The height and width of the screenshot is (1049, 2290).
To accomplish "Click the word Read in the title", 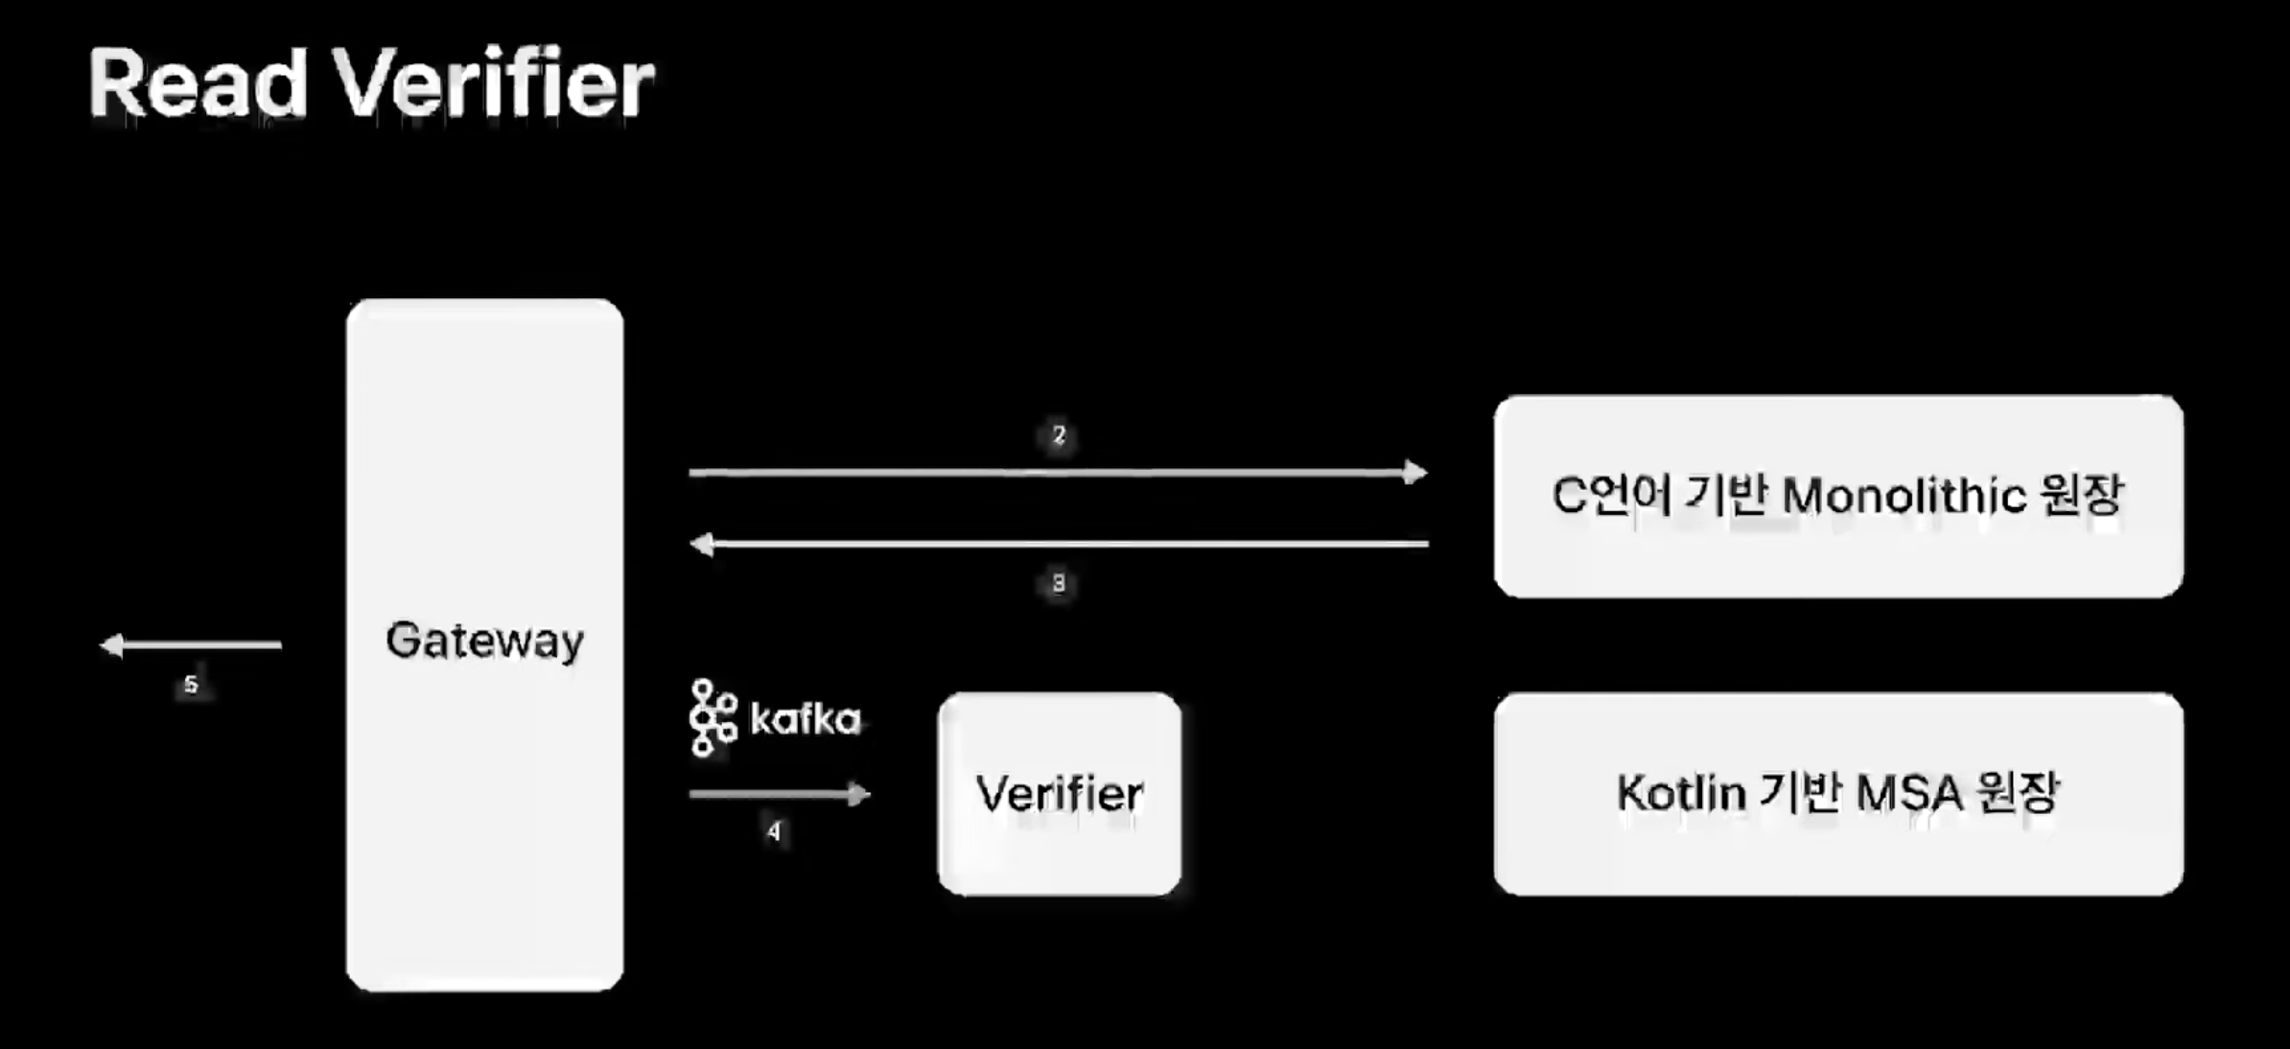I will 198,84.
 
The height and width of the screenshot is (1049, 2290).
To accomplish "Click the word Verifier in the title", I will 493,84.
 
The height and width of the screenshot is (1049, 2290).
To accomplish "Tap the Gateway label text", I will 484,641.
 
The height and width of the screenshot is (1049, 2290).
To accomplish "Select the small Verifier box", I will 1059,794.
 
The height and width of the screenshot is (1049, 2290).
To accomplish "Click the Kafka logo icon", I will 713,718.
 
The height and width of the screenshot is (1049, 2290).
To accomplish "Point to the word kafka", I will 805,719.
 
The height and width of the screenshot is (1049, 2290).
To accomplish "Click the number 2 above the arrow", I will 1059,435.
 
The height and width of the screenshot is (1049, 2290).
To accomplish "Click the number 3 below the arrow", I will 1059,583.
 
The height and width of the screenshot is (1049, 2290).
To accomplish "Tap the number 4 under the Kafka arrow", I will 774,831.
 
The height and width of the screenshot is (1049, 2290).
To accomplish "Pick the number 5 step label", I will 191,685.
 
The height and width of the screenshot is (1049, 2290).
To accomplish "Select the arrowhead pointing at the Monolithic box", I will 1414,472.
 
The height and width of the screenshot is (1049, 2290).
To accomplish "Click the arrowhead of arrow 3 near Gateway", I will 703,545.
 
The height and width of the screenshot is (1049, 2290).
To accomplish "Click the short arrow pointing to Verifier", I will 779,794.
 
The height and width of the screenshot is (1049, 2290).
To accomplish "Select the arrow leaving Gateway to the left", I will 192,645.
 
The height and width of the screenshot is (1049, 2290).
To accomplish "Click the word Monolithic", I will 1904,497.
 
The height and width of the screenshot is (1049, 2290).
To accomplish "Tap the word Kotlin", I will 1680,794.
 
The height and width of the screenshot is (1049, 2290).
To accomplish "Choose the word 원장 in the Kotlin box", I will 2017,794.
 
